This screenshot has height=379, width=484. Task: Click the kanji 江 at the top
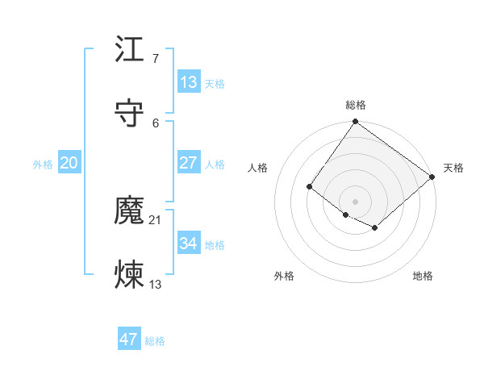(129, 50)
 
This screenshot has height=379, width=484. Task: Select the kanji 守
(129, 114)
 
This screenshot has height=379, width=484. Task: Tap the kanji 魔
(129, 211)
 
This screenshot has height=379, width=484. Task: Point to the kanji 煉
(129, 275)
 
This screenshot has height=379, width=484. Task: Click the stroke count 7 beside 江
(155, 58)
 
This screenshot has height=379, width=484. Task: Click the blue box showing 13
(188, 82)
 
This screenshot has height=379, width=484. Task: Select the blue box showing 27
(188, 163)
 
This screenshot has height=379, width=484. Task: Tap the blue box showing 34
(188, 243)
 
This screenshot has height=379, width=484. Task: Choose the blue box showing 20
(69, 163)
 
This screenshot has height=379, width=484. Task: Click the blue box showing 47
(129, 339)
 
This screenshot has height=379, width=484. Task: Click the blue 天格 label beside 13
(215, 84)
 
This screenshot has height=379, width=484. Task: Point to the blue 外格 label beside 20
(43, 165)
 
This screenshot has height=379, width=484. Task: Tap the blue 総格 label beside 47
(155, 341)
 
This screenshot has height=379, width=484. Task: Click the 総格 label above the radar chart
(356, 105)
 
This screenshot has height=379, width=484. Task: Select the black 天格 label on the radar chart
(453, 168)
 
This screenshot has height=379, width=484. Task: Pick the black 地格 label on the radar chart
(423, 276)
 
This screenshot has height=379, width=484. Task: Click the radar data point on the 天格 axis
(432, 177)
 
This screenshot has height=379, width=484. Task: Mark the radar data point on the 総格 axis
(356, 123)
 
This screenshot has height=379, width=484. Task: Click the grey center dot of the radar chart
(356, 201)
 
